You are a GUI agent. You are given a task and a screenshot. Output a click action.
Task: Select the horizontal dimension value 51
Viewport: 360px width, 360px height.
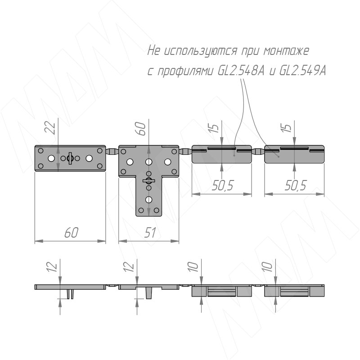150,233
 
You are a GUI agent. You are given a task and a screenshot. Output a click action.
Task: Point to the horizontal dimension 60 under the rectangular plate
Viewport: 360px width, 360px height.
72,233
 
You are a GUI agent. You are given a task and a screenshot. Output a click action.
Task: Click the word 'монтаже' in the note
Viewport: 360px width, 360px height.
286,50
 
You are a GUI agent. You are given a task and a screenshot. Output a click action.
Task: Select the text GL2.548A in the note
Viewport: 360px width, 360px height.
241,71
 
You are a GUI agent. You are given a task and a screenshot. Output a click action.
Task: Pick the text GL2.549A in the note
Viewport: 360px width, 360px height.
302,71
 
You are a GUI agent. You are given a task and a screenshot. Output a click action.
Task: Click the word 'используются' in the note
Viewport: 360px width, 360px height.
199,51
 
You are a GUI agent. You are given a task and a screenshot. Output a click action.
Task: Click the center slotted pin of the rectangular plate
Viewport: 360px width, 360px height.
70,158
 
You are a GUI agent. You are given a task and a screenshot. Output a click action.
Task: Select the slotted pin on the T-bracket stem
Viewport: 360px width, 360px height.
148,181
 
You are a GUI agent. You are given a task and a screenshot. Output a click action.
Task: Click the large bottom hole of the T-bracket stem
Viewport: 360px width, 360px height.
149,200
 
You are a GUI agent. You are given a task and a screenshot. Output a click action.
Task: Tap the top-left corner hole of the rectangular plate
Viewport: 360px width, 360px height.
40,151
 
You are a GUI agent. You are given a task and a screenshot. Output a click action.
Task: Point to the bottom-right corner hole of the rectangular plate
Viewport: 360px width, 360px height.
99,166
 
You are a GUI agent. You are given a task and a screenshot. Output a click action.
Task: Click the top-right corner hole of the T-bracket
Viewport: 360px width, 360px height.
174,152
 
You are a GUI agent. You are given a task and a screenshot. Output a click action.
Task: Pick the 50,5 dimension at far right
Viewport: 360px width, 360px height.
295,185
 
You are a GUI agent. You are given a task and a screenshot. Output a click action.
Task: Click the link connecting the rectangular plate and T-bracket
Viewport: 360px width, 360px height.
112,152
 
